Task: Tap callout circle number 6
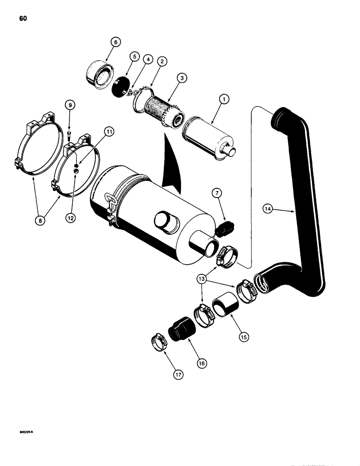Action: click(116, 42)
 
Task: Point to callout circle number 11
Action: click(109, 133)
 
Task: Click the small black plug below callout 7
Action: click(226, 228)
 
